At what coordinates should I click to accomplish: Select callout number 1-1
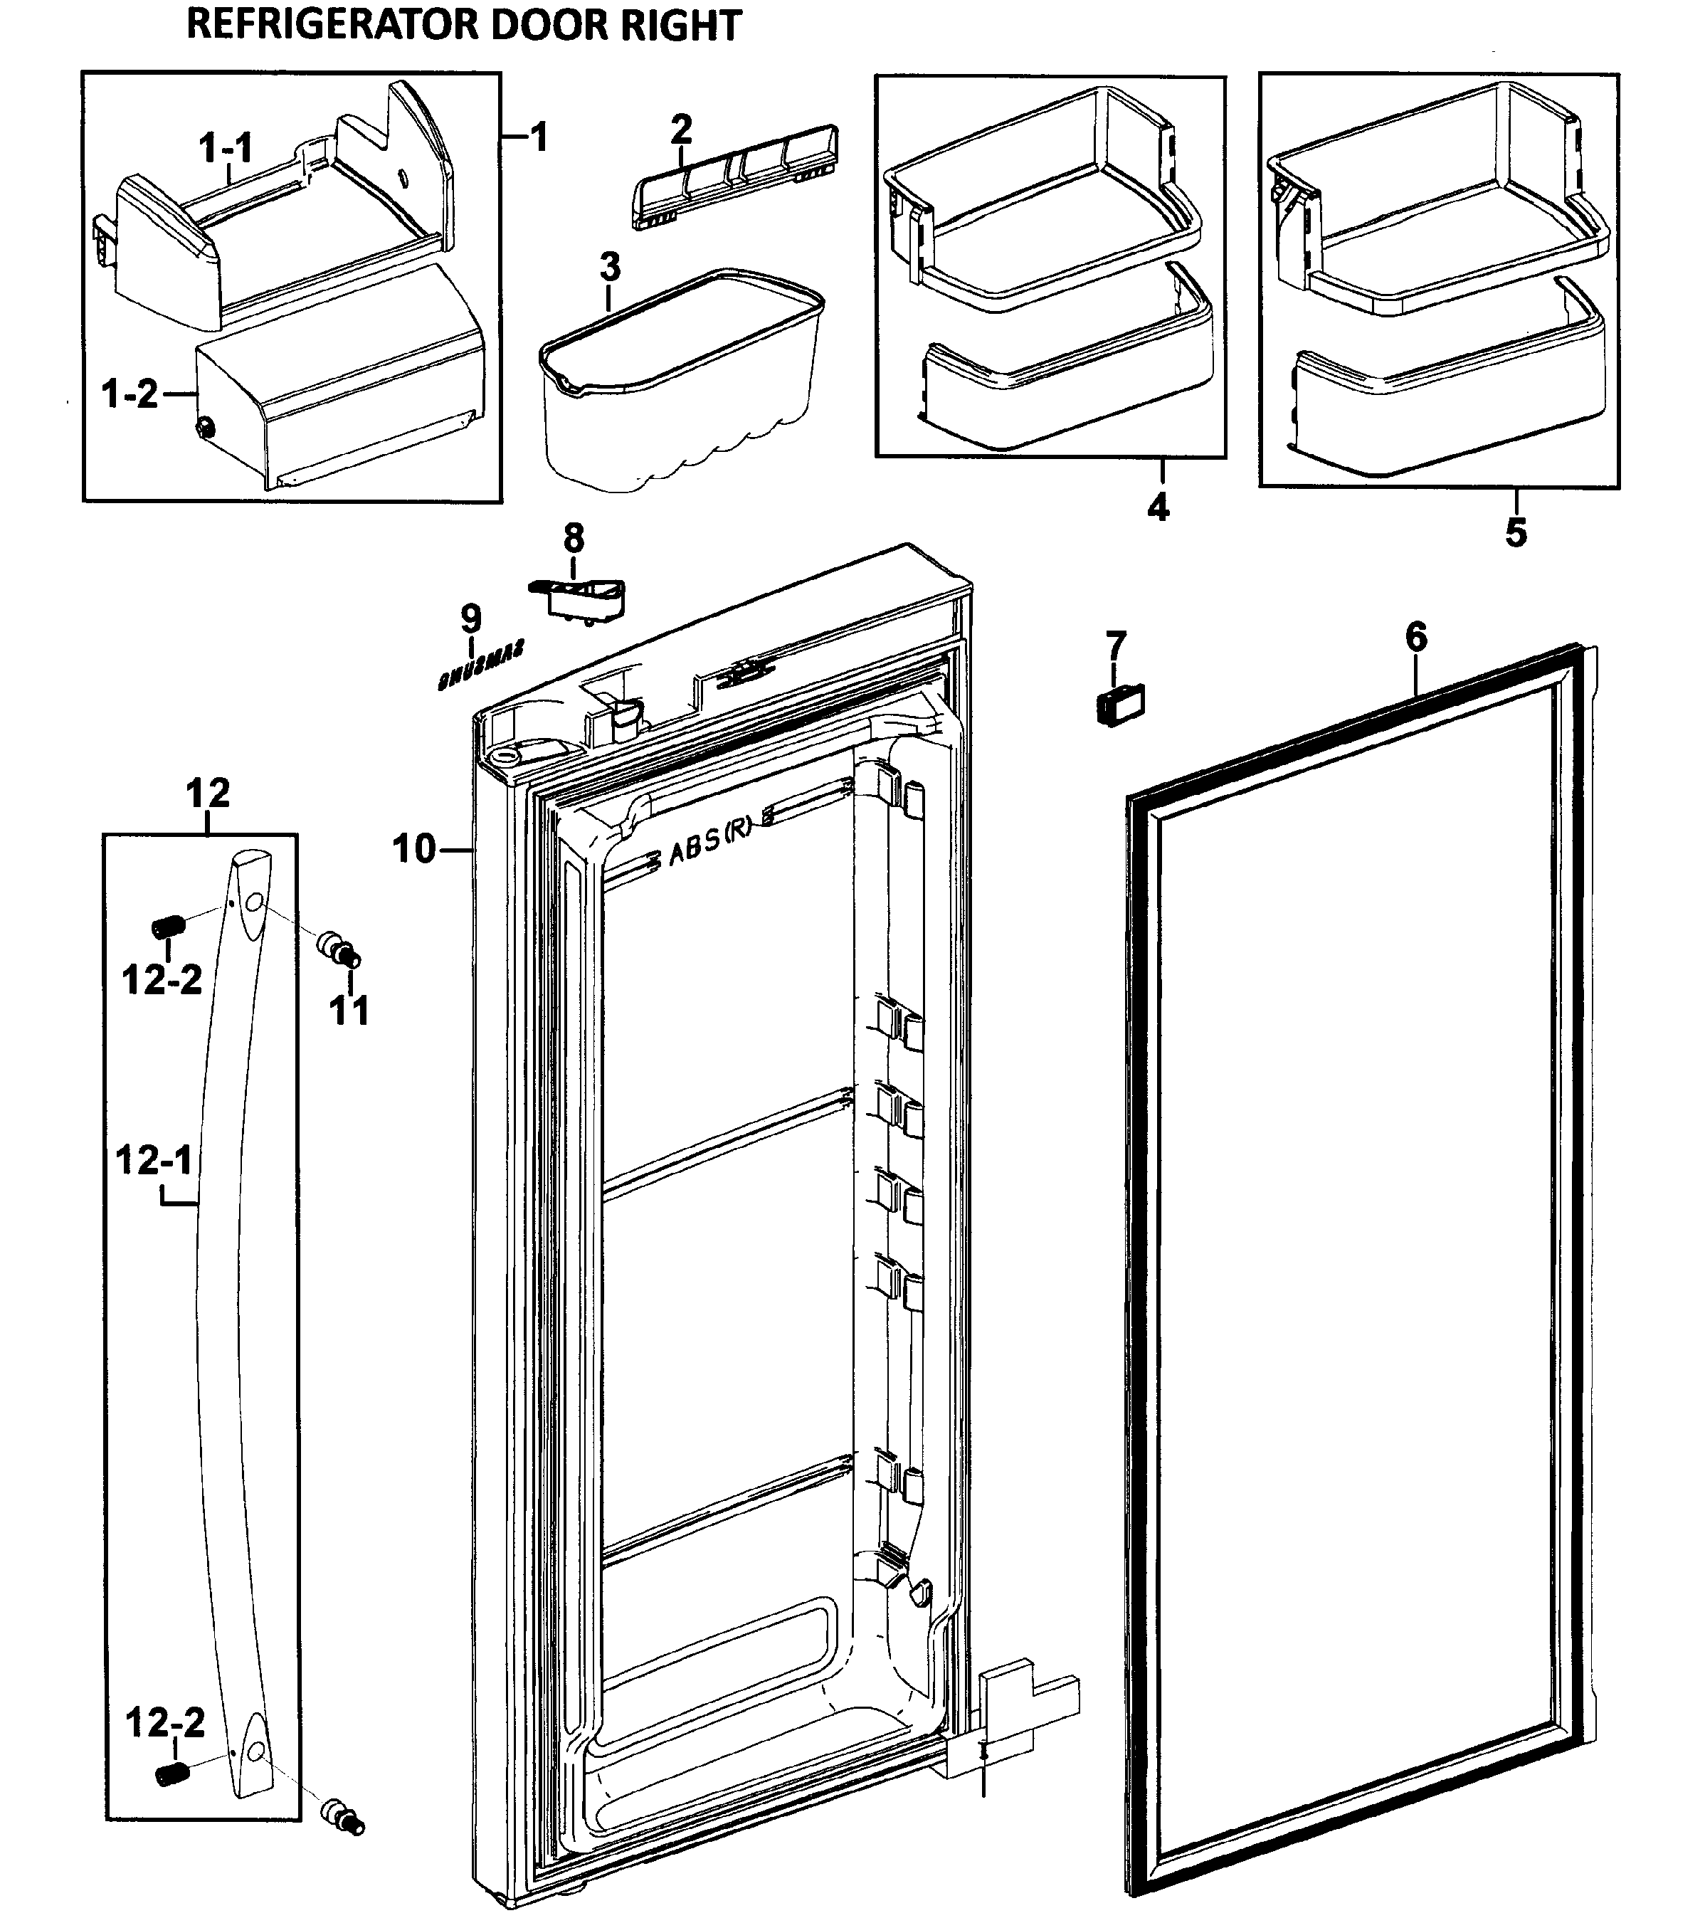(225, 148)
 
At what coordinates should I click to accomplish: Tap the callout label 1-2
(130, 394)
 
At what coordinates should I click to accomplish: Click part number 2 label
(681, 129)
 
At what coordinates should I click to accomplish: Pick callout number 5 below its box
(1516, 532)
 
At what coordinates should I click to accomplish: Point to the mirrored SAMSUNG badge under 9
(480, 665)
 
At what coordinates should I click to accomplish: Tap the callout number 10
(415, 849)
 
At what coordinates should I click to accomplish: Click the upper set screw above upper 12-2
(169, 927)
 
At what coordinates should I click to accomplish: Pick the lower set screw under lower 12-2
(169, 1774)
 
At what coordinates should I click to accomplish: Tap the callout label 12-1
(154, 1161)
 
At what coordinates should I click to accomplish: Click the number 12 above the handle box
(207, 794)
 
